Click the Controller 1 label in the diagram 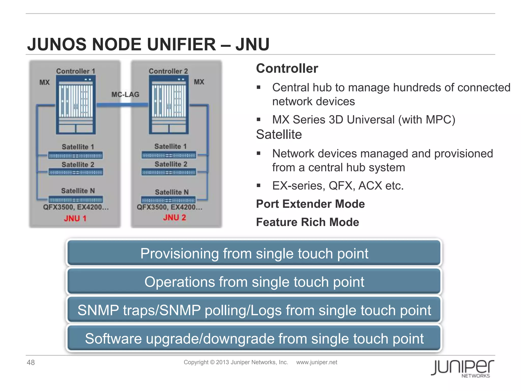pos(76,71)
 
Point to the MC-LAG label pos(125,94)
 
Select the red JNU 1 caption pos(75,218)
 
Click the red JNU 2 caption pos(175,218)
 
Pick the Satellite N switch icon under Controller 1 pos(76,200)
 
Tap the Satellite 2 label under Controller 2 pos(171,164)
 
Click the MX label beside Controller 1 pos(45,82)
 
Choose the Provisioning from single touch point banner pos(254,253)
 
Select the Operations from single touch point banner pos(254,282)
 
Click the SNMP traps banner pos(254,310)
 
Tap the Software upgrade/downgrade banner pos(254,339)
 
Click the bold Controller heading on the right pos(287,68)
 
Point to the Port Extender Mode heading pos(310,204)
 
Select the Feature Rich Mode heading pos(308,222)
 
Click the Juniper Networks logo pos(462,368)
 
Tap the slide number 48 pos(31,362)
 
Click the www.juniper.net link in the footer pos(316,362)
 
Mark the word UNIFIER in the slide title pos(181,44)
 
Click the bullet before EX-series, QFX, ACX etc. pos(259,186)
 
